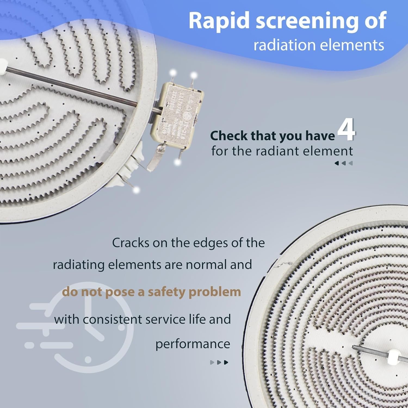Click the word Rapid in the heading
[215, 21]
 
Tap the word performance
[193, 344]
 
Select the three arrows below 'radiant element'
[344, 163]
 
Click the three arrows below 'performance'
[219, 362]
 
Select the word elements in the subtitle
[352, 45]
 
